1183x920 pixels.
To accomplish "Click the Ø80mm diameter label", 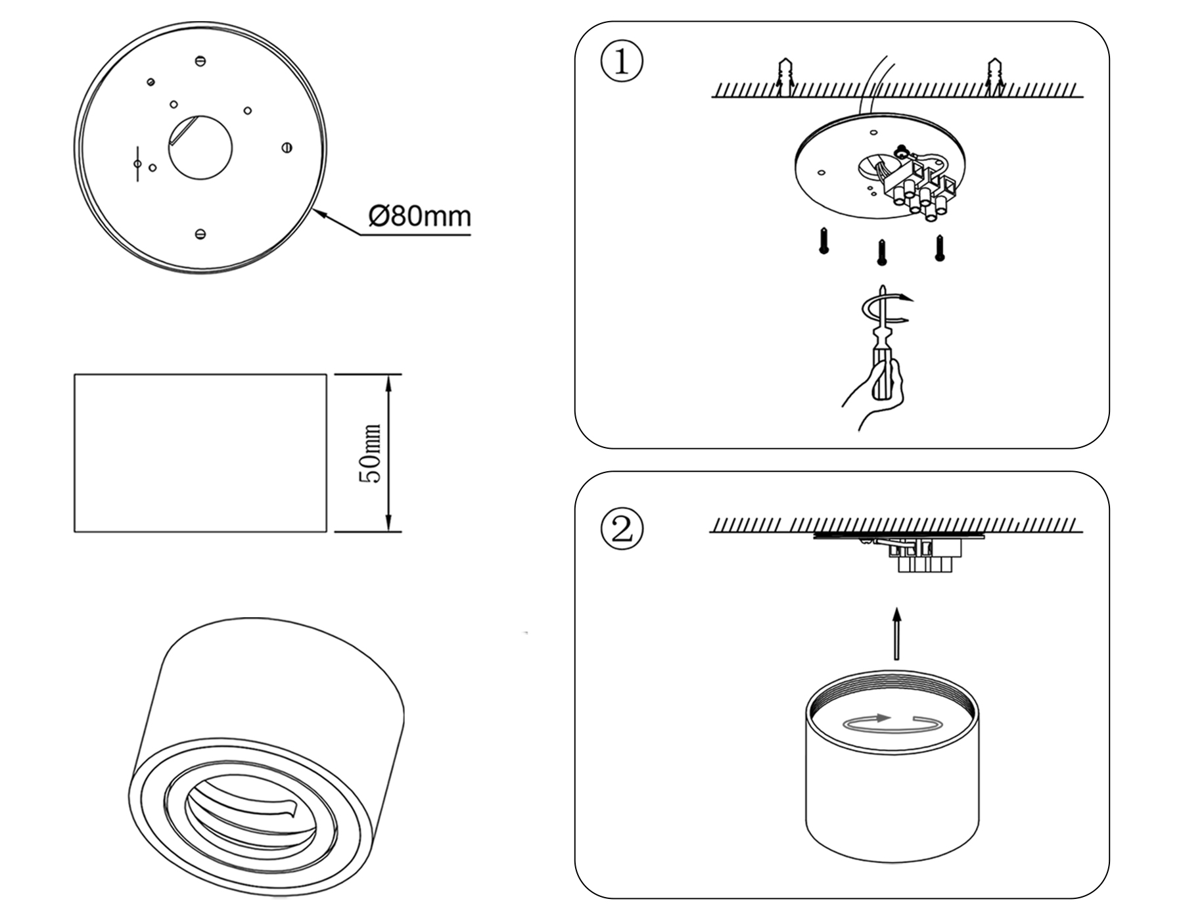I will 420,216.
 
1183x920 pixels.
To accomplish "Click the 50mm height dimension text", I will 371,453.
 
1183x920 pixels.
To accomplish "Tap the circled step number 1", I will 622,62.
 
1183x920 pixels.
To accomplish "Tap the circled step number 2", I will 622,530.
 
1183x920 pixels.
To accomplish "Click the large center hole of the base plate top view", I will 200,148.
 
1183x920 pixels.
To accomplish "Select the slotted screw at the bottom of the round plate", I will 201,233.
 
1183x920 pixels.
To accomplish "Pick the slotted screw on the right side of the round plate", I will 287,148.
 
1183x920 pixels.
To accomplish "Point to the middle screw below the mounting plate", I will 882,252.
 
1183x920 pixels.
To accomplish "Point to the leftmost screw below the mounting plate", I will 823,241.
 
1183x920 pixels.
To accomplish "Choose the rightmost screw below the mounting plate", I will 940,248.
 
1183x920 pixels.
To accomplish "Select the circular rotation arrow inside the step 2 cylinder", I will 892,722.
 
